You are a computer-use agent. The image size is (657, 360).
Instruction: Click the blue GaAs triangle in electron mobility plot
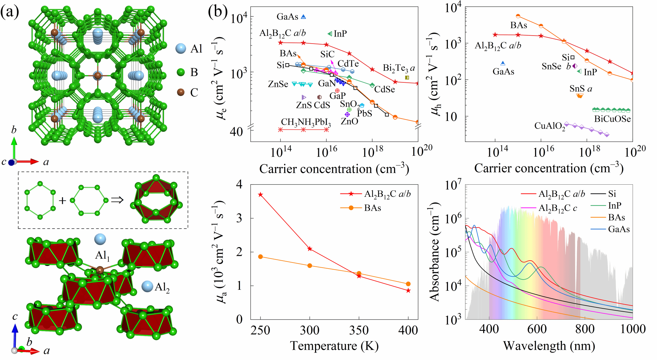[303, 17]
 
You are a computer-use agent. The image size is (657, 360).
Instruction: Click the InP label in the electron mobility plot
[340, 34]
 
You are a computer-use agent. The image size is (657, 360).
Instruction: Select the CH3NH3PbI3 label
[306, 122]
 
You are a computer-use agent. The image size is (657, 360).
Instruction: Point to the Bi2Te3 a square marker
[407, 78]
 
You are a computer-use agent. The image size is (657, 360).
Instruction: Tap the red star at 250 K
[260, 195]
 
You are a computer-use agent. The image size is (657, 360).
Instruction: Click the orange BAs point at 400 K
[408, 284]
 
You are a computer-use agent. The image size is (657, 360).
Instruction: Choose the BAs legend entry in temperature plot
[372, 208]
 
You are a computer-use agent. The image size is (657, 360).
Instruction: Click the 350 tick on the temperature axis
[359, 330]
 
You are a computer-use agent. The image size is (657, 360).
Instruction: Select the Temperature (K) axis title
[334, 346]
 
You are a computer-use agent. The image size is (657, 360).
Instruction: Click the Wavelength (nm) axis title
[549, 346]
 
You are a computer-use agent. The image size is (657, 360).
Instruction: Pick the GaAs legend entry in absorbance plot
[619, 229]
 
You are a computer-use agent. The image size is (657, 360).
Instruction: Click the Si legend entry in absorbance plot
[612, 194]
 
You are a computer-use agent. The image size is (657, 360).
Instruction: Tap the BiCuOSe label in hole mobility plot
[612, 119]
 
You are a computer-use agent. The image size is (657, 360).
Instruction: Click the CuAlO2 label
[550, 126]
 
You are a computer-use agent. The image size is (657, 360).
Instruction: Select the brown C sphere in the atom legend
[181, 92]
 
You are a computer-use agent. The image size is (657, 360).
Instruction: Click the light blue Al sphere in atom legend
[181, 49]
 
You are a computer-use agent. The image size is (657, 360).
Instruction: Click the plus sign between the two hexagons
[63, 201]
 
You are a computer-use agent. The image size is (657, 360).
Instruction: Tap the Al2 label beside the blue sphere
[162, 287]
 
